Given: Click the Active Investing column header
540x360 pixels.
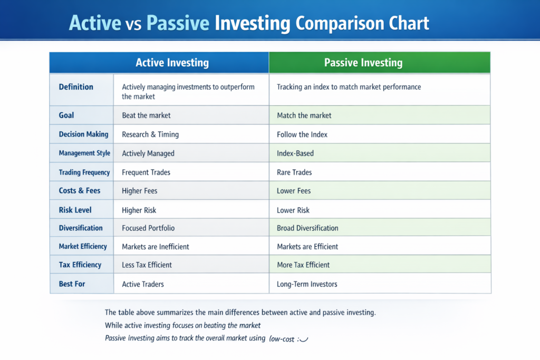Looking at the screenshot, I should (x=172, y=63).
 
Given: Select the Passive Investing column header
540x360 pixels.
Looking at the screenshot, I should (x=363, y=63).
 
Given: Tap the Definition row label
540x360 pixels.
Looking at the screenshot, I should (x=76, y=87).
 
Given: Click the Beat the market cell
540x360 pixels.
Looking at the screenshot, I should (x=146, y=115).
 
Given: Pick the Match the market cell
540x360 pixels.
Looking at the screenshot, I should (x=304, y=115).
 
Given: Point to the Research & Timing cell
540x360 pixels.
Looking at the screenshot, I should (x=150, y=134).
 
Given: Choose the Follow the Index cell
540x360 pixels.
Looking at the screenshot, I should (x=302, y=134).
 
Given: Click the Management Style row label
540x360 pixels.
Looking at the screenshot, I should (x=84, y=153).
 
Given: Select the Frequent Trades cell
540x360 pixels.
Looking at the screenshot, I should (x=146, y=172).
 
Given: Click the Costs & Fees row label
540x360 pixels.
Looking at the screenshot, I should (x=79, y=191).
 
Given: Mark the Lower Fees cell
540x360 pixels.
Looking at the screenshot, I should (x=294, y=191).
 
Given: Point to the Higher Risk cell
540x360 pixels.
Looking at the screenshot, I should (x=139, y=210).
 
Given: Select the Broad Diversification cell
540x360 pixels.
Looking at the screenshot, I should (x=307, y=228).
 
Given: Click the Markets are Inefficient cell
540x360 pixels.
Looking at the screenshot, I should (x=156, y=247).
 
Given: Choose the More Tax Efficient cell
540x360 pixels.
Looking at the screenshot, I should (x=303, y=265).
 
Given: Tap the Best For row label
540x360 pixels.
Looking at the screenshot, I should (x=72, y=284).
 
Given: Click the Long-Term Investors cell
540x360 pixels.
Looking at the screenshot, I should (x=307, y=284).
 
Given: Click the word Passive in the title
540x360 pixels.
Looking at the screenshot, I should (x=178, y=23).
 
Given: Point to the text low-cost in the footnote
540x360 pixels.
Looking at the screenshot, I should (x=282, y=338).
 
